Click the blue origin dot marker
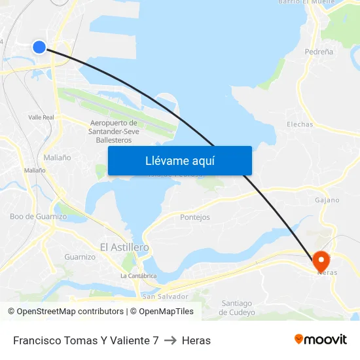pyautogui.click(x=39, y=46)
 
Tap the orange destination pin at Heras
pyautogui.click(x=321, y=261)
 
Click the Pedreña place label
pyautogui.click(x=319, y=51)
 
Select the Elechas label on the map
pyautogui.click(x=300, y=124)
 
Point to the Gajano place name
pyautogui.click(x=327, y=200)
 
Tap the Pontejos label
pyautogui.click(x=195, y=217)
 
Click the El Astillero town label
pyautogui.click(x=124, y=247)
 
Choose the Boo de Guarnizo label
pyautogui.click(x=38, y=216)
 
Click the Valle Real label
pyautogui.click(x=41, y=117)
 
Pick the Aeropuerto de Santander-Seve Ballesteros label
pyautogui.click(x=113, y=131)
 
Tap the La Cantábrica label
pyautogui.click(x=139, y=276)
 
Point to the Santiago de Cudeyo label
pyautogui.click(x=237, y=308)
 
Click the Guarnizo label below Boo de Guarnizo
pyautogui.click(x=80, y=257)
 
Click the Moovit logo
pyautogui.click(x=321, y=339)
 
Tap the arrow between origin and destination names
pyautogui.click(x=170, y=340)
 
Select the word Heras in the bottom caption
pyautogui.click(x=196, y=340)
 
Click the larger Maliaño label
pyautogui.click(x=57, y=158)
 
